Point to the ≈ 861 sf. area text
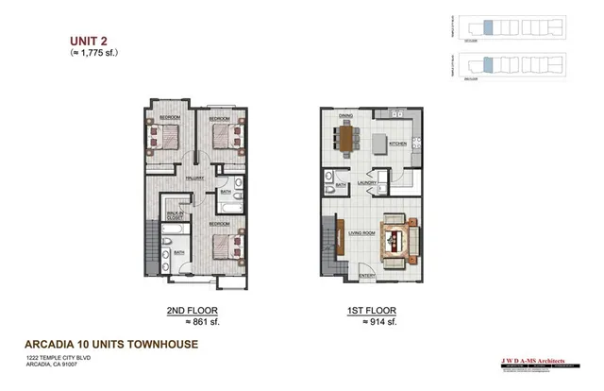pos(188,322)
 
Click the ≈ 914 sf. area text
pos(373,322)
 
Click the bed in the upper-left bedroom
pos(170,138)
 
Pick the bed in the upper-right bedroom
pos(225,140)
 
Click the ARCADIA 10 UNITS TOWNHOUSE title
pos(112,344)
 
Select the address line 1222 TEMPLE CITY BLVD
pos(56,359)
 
